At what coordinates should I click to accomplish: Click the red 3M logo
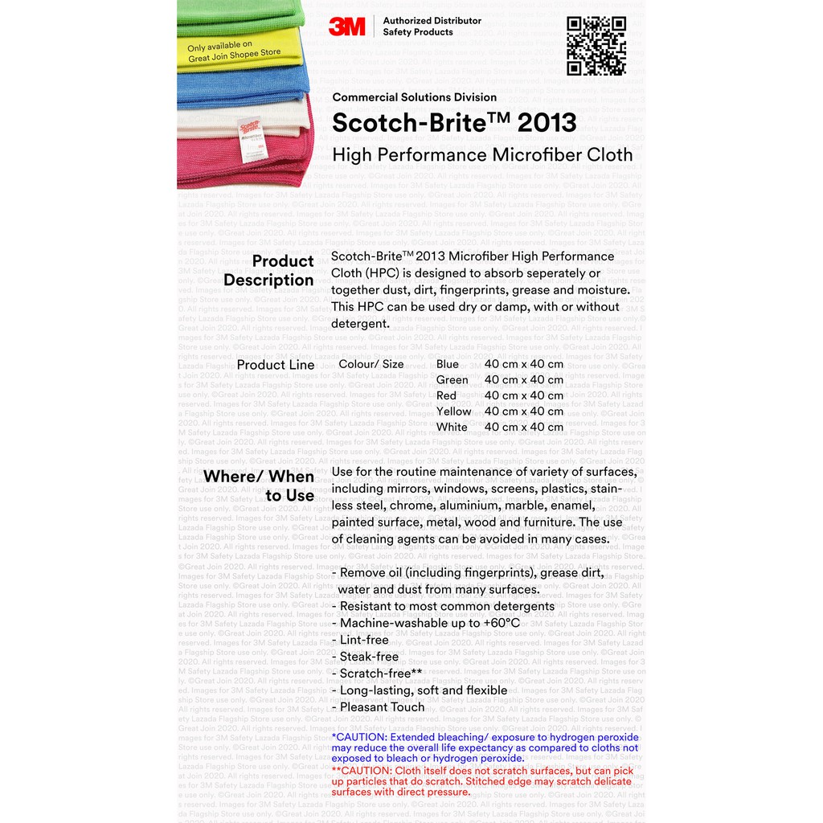[346, 26]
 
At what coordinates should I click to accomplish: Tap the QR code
[596, 46]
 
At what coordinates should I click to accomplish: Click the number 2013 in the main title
[547, 122]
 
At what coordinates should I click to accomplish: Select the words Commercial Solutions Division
[415, 97]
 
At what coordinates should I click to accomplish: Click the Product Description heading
[269, 271]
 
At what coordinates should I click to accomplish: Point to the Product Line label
[276, 365]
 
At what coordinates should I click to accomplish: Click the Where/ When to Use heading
[259, 485]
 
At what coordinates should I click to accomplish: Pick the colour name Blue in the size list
[448, 364]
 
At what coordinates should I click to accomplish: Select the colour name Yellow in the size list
[453, 411]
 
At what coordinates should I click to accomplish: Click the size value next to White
[523, 427]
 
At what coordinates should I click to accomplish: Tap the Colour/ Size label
[371, 364]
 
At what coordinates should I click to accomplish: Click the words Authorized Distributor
[432, 20]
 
